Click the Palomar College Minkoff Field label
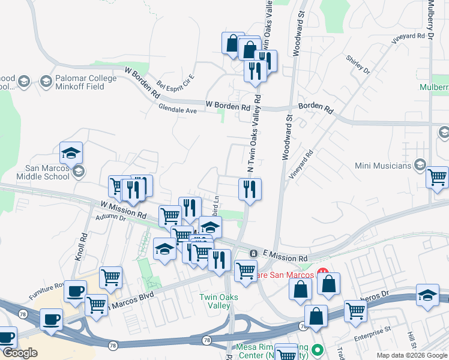tap(71, 82)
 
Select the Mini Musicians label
tap(382, 166)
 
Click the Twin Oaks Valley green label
tap(219, 301)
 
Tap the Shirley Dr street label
tap(359, 65)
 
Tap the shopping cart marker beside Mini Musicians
tap(437, 177)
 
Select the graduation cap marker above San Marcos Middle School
tap(71, 152)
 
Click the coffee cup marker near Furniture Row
tap(75, 291)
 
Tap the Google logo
tap(19, 353)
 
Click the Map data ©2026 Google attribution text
tap(411, 355)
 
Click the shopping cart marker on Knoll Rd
tap(111, 277)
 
